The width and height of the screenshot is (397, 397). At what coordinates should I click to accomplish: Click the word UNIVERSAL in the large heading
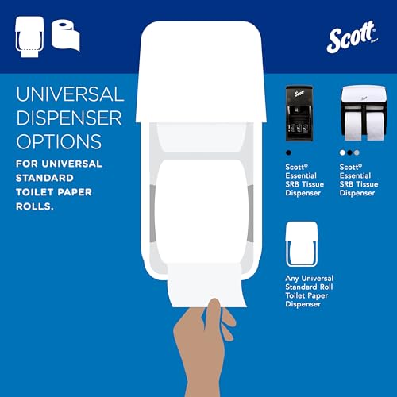tap(70, 95)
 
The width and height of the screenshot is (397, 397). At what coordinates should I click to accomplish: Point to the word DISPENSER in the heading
tap(70, 119)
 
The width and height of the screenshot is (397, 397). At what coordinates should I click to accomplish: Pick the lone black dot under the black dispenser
tap(288, 152)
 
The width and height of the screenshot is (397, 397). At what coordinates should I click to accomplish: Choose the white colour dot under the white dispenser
tap(341, 152)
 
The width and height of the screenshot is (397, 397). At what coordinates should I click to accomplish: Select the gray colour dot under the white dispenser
tap(356, 152)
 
